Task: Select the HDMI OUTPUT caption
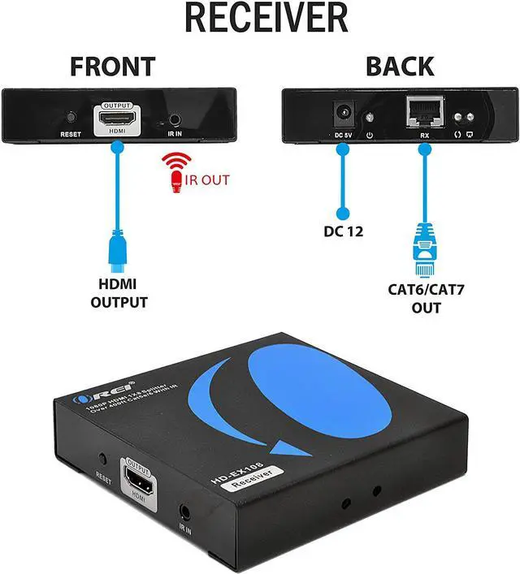point(119,294)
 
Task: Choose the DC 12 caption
point(342,232)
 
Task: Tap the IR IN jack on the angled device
point(186,512)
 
